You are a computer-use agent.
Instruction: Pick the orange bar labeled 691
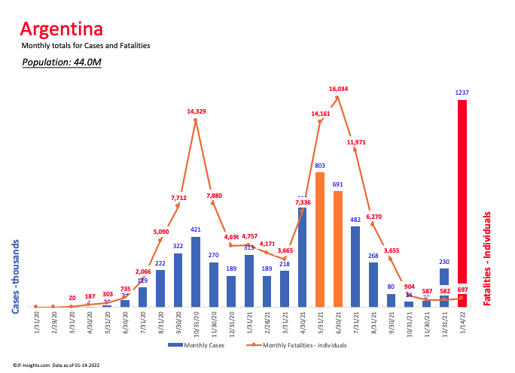click(337, 248)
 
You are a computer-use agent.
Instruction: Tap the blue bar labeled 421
click(196, 271)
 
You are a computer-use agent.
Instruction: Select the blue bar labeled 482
click(355, 266)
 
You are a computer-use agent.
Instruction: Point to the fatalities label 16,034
click(338, 89)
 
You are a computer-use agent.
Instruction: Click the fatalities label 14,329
click(196, 111)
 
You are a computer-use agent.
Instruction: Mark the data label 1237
click(462, 92)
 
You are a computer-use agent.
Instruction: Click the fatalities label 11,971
click(356, 141)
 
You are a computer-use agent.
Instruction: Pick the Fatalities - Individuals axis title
click(486, 258)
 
